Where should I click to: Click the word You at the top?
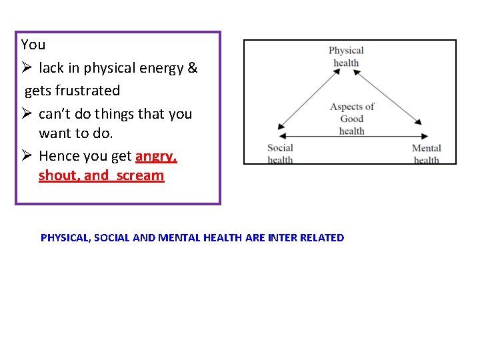(33, 45)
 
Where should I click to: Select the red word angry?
(156, 156)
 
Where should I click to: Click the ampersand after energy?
(193, 67)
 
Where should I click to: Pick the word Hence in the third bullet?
(58, 156)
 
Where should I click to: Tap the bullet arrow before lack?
(27, 67)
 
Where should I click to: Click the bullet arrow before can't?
(27, 113)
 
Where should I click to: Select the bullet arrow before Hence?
(27, 156)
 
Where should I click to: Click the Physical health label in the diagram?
(346, 57)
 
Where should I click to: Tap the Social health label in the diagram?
(280, 153)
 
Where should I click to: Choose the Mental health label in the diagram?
(426, 154)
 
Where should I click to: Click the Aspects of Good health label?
(352, 119)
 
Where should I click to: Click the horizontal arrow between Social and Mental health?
(351, 138)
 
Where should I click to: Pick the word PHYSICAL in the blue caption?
(65, 237)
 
